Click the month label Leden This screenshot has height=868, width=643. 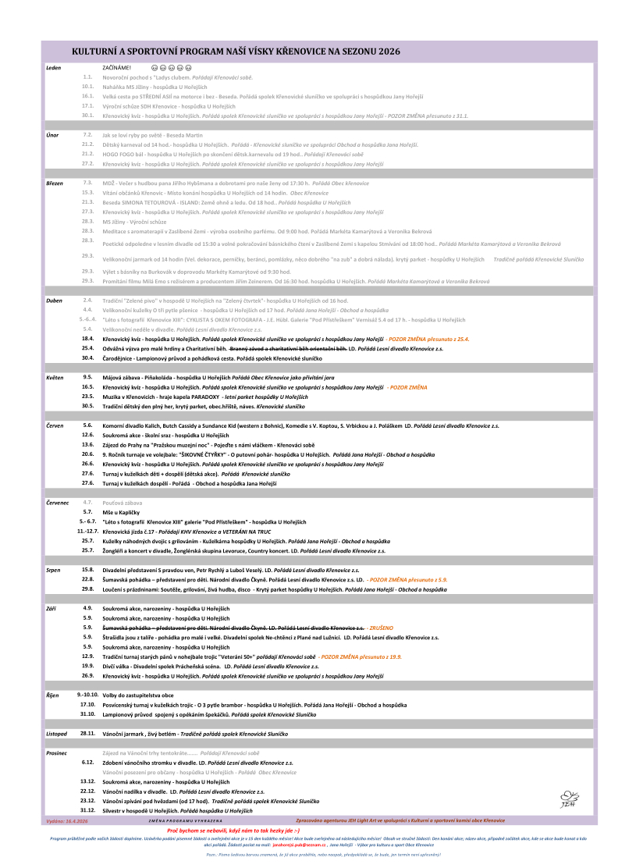[54, 68]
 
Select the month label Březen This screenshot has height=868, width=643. [55, 183]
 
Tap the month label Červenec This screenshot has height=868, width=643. [58, 502]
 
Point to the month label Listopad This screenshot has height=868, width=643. [57, 734]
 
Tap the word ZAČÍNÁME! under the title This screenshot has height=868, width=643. [117, 68]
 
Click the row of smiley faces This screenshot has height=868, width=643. [171, 68]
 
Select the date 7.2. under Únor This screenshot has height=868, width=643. [88, 135]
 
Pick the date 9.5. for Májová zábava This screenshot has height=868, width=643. [88, 377]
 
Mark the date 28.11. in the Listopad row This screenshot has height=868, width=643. [87, 734]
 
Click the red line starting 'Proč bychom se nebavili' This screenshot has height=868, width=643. [321, 830]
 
